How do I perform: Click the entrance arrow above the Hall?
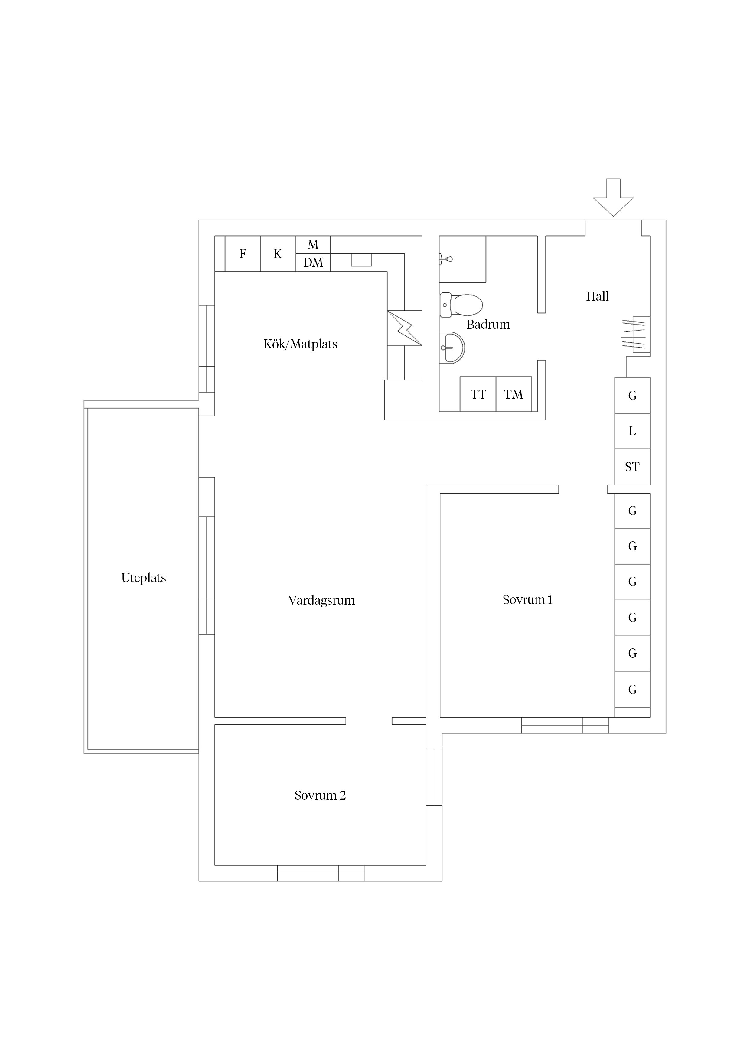point(613,197)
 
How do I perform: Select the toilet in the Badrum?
point(461,305)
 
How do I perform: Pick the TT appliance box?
point(478,394)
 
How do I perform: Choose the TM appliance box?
point(514,394)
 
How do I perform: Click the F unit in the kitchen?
point(243,254)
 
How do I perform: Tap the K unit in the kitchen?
point(278,254)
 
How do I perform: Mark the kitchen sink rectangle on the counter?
point(361,260)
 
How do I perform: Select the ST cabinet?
point(632,467)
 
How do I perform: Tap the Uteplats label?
point(143,578)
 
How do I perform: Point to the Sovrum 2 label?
point(320,795)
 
